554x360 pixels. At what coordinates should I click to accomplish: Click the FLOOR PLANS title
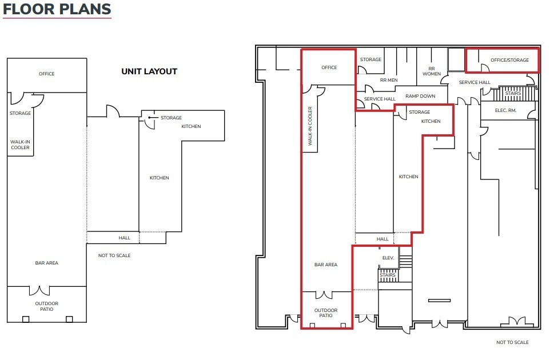pos(57,9)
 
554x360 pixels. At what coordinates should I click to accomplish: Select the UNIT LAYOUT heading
pos(149,71)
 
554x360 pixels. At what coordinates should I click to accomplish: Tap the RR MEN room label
pos(389,81)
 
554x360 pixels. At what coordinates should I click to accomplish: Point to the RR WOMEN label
pos(432,71)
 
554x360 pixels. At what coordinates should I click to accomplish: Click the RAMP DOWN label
pos(420,96)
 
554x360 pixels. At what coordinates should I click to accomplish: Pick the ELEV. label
pos(388,258)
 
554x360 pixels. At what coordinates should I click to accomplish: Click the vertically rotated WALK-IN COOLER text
pos(310,126)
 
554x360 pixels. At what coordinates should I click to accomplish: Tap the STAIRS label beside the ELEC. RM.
pos(513,93)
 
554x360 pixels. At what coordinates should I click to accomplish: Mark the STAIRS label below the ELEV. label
pos(388,275)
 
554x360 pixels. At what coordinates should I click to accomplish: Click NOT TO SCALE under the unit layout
pos(114,255)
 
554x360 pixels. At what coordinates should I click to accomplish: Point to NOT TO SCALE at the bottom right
pos(512,342)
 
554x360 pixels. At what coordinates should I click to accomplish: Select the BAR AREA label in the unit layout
pos(46,263)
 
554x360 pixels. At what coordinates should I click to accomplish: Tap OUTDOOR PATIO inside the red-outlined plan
pos(326,313)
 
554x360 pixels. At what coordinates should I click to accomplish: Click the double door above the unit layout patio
pos(39,290)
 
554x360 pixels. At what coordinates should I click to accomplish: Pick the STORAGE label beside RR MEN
pos(370,59)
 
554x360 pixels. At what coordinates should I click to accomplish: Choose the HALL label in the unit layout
pos(125,238)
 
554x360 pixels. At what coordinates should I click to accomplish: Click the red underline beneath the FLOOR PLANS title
pos(57,19)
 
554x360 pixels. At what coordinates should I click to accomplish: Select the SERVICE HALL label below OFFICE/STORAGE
pos(475,82)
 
